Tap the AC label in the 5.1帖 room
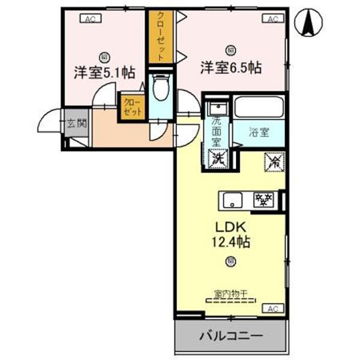[89, 19]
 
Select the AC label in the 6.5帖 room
[272, 19]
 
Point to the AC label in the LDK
[272, 308]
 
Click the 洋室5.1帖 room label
[104, 73]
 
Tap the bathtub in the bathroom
[259, 108]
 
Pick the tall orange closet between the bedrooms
[160, 37]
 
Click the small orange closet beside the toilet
[133, 107]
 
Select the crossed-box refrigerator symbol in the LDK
[274, 161]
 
